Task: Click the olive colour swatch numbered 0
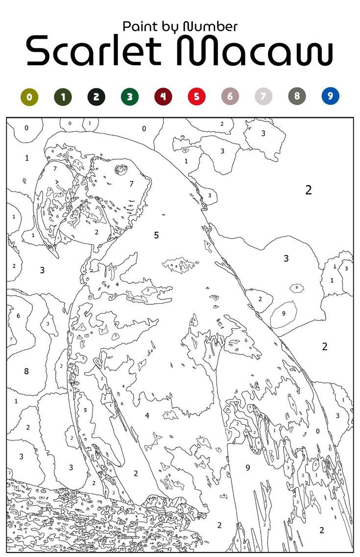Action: (x=29, y=97)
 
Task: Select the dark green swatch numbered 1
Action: (x=63, y=97)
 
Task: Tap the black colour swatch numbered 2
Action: (x=96, y=97)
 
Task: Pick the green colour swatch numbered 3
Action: (x=129, y=97)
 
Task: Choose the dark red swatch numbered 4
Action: (x=163, y=97)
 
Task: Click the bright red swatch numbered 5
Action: (x=196, y=97)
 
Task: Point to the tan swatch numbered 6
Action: (x=230, y=97)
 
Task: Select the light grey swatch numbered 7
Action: (x=263, y=97)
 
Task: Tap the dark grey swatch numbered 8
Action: (x=297, y=97)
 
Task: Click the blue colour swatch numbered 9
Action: (x=330, y=97)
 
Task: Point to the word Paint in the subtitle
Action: (x=139, y=26)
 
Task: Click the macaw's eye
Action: (x=120, y=170)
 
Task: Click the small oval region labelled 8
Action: (x=297, y=288)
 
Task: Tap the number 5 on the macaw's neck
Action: (x=156, y=235)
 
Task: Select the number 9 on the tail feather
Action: (x=248, y=467)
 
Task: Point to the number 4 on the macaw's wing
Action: (x=146, y=415)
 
